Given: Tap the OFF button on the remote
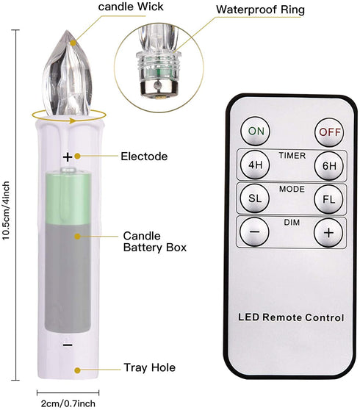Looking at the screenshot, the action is click(329, 132).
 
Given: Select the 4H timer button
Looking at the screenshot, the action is click(255, 165).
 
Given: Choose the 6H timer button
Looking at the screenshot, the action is click(329, 165).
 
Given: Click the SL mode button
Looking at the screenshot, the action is click(255, 198).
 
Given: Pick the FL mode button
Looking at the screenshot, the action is click(328, 199).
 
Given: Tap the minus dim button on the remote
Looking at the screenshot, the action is click(254, 231).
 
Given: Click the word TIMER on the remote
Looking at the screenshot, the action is click(292, 156).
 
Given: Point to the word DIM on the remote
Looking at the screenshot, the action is click(292, 222).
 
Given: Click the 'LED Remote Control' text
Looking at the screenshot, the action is click(291, 317).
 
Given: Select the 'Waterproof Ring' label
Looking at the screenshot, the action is click(260, 10).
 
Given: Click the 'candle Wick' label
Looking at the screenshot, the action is click(131, 7).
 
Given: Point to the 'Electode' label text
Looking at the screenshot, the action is click(144, 157).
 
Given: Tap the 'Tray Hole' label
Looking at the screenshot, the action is click(150, 367).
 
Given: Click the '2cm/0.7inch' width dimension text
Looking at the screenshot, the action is click(68, 403).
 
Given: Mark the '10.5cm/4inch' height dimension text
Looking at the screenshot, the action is click(6, 210).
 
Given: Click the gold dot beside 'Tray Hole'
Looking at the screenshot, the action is click(77, 370).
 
